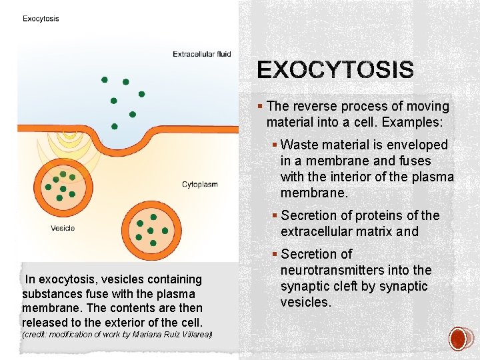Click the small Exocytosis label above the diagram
(x=41, y=19)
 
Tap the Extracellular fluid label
(x=202, y=54)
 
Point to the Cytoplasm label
(x=200, y=184)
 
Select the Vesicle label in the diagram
(x=63, y=228)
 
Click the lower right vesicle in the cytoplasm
(x=151, y=227)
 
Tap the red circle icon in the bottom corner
(x=459, y=339)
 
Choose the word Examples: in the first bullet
(x=408, y=122)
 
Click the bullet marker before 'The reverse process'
(x=260, y=106)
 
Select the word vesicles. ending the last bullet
(x=306, y=302)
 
